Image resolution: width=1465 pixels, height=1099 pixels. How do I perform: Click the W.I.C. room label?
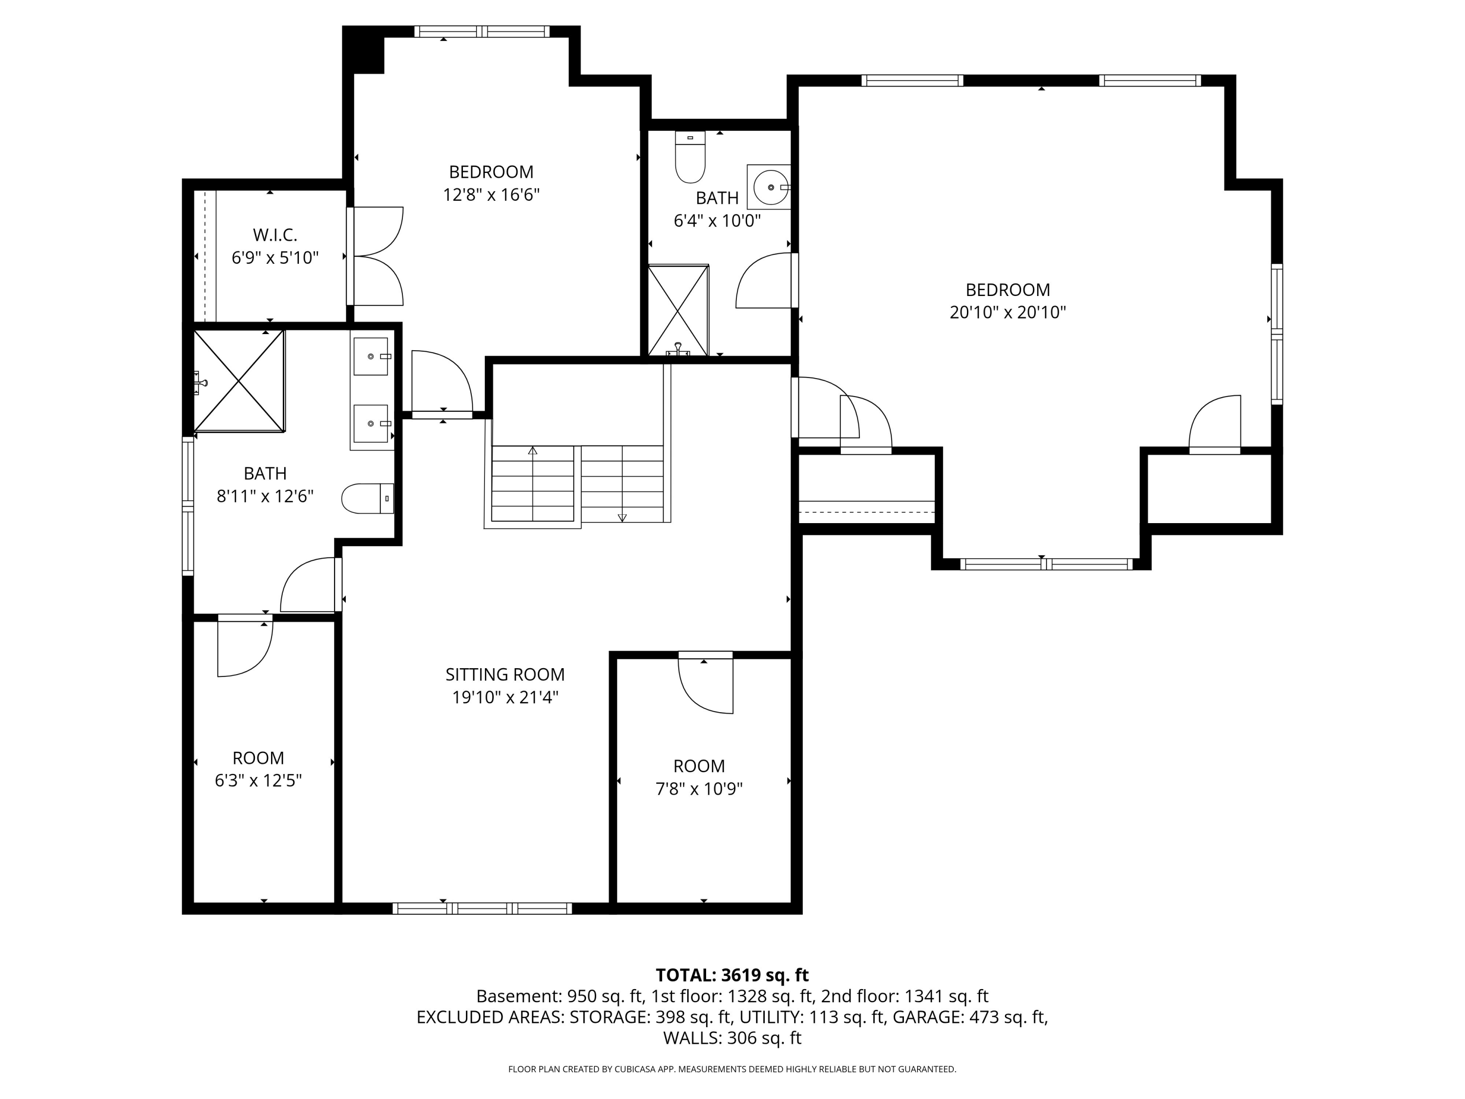[275, 234]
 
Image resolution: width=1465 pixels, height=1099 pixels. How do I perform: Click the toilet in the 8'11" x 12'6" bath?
[368, 499]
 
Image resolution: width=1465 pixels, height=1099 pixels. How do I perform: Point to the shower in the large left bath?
[238, 381]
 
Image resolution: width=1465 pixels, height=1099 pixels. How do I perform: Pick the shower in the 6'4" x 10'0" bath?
[678, 310]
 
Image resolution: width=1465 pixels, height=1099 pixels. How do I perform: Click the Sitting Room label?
[504, 675]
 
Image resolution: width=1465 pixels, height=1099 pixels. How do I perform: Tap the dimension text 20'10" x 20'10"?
[1007, 312]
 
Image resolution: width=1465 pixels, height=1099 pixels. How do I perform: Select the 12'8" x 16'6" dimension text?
[491, 195]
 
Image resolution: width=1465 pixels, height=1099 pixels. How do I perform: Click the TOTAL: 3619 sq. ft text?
[732, 975]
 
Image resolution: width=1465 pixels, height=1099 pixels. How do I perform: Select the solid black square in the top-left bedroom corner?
[364, 50]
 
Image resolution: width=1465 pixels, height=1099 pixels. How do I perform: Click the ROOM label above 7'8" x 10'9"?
[699, 766]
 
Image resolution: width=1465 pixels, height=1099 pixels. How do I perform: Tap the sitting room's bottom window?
[482, 908]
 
